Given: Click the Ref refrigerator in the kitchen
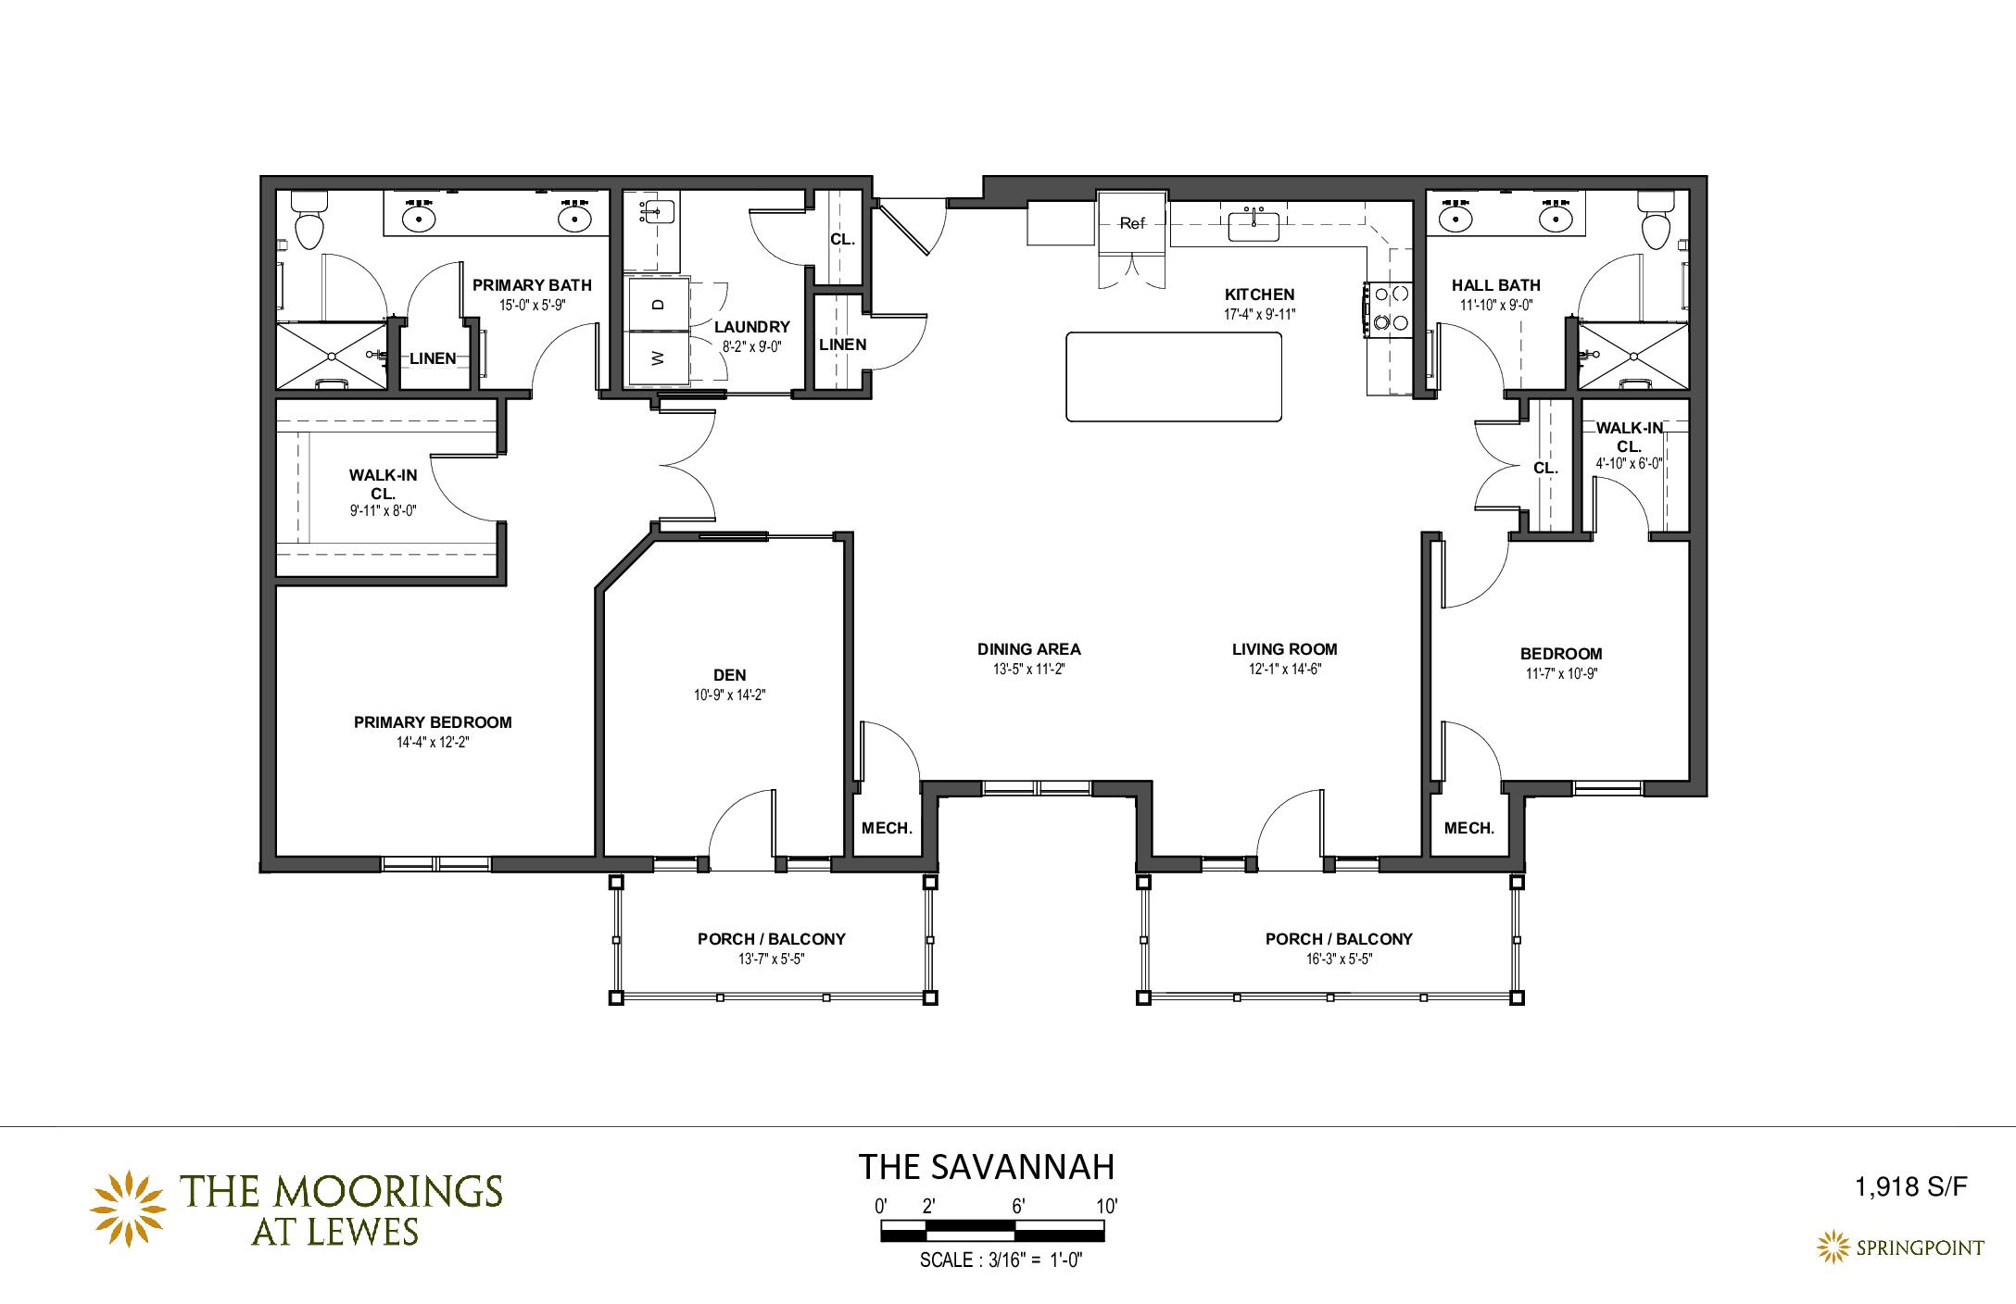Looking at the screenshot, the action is coord(1131,222).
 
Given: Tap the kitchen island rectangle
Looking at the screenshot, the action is coord(1174,377).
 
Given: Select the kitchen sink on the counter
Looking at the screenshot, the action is coord(1254,225).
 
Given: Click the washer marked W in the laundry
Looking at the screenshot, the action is coord(659,357).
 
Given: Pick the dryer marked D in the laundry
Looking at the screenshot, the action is coord(659,304).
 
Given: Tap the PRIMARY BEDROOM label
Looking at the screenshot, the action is coord(433,722).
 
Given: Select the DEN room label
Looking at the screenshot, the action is coord(730,675).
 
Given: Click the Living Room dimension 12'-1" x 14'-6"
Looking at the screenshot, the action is coord(1285,669).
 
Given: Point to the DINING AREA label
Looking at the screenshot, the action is coord(1029,649).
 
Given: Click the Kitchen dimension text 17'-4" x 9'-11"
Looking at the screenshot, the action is coord(1260,314).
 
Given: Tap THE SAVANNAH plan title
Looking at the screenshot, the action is coord(987,1167).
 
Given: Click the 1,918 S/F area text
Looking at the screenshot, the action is coord(1910,1186).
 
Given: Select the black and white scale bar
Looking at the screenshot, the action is coord(992,1231).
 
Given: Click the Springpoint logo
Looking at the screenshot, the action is coord(1900,1248).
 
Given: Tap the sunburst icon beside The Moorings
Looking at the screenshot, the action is coord(128,1209).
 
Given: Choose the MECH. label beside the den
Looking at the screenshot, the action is coord(888,828).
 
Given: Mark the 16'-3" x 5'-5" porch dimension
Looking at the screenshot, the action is coord(1339,959).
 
